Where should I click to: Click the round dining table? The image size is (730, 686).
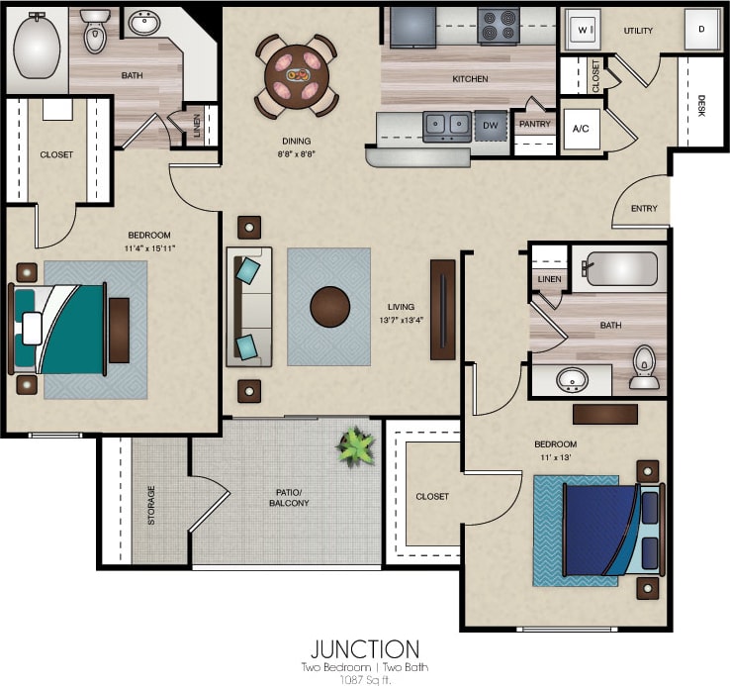296,74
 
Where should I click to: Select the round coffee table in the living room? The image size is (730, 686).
330,307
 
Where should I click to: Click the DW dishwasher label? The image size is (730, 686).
490,125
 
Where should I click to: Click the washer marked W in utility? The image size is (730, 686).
585,30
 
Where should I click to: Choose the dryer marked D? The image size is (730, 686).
700,30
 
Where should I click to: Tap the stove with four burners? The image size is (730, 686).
499,27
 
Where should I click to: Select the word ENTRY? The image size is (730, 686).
643,208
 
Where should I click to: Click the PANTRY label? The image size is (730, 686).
534,124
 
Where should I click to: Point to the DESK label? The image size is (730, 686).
701,107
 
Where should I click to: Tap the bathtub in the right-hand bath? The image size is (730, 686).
619,268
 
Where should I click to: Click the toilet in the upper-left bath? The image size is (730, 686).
95,36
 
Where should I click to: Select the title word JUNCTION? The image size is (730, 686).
365,649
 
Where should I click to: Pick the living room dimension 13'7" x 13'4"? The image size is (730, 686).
401,319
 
